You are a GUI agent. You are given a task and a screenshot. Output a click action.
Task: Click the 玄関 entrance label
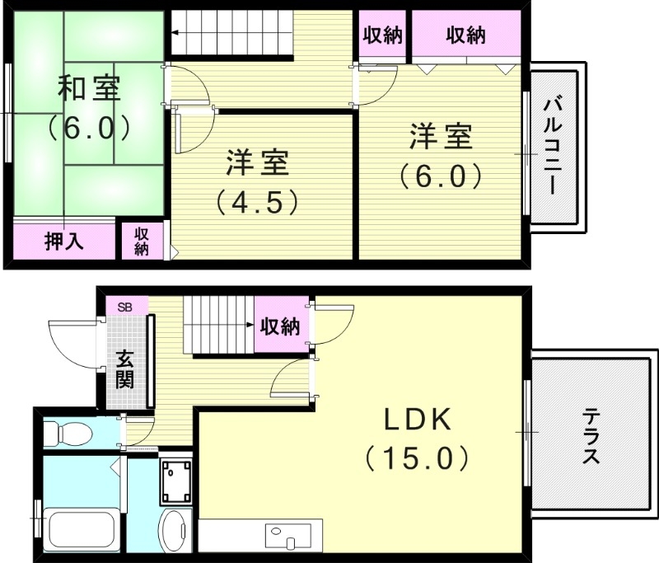point(125,369)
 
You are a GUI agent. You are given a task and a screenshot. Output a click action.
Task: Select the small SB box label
point(125,307)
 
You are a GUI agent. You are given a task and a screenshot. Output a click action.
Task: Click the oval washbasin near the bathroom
point(175,532)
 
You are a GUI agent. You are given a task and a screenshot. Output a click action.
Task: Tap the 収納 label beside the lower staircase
point(280,326)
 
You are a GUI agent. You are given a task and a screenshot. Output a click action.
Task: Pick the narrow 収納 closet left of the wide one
point(381,35)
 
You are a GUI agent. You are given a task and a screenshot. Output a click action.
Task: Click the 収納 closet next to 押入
point(142,240)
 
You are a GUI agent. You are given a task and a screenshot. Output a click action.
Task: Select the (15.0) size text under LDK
point(418,457)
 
